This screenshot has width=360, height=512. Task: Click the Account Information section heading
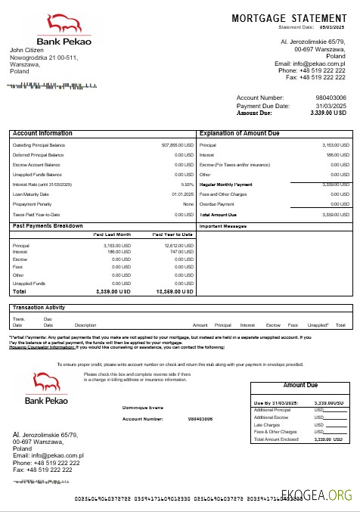tap(42, 133)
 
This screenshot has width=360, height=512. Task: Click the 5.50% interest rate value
tap(188, 184)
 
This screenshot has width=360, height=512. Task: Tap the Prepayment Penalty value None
tap(188, 203)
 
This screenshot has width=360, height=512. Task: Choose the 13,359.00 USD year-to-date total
tap(175, 290)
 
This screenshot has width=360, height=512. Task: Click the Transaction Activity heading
tap(44, 307)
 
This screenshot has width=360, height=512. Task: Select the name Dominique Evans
tap(143, 407)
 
